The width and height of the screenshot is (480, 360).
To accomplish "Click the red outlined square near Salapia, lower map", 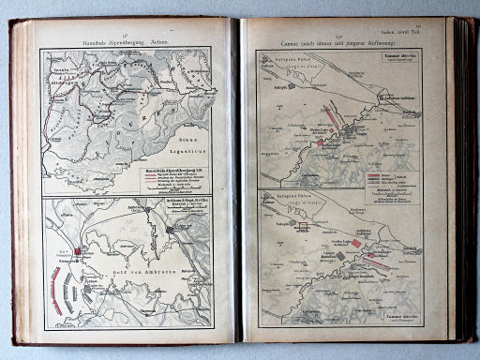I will tap(302, 225).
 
